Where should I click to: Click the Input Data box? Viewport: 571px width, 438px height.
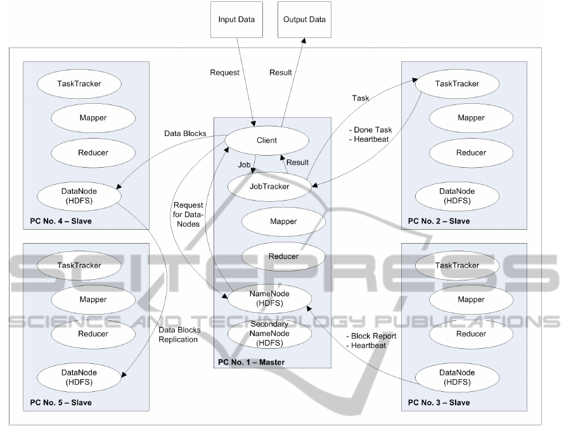[x=236, y=20]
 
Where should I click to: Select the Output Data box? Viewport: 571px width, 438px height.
[x=305, y=20]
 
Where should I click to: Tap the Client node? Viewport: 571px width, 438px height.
[x=267, y=141]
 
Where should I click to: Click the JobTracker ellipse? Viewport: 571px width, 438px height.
[x=269, y=187]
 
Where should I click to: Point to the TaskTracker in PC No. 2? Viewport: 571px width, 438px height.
[x=457, y=84]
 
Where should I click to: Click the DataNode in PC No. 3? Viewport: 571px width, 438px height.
[x=456, y=377]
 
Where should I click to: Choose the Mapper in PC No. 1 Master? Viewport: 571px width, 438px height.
[x=283, y=222]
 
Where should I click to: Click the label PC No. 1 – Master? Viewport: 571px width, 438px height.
[x=251, y=362]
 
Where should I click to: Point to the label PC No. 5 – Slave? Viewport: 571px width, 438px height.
[x=61, y=403]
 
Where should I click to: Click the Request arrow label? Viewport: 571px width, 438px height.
[x=225, y=72]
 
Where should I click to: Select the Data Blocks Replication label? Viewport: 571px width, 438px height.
[x=179, y=335]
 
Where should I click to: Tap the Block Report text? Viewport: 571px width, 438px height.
[x=371, y=336]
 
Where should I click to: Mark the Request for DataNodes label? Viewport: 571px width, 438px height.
[x=188, y=215]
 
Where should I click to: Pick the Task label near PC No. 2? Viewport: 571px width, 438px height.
[x=361, y=98]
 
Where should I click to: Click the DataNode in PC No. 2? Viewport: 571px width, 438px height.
[x=457, y=196]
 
